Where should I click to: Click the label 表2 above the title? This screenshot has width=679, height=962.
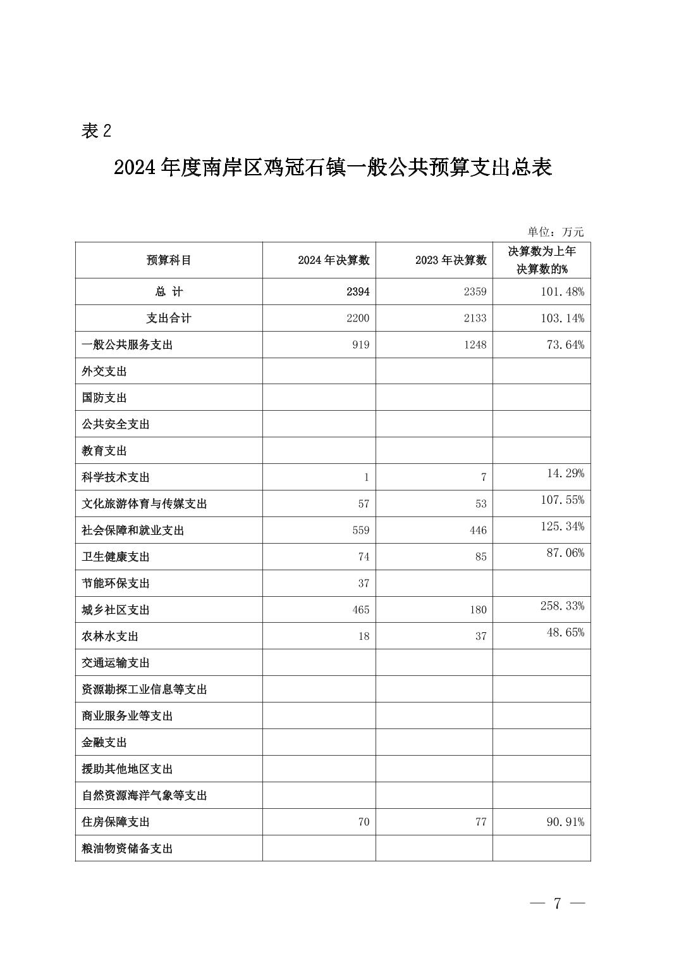(96, 131)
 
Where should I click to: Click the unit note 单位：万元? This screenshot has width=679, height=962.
(556, 232)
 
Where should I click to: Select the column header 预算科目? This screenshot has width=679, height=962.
(168, 260)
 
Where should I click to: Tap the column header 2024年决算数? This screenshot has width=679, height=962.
(333, 260)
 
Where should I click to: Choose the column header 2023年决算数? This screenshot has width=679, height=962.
(451, 260)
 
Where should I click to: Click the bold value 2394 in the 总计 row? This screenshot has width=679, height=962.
(357, 292)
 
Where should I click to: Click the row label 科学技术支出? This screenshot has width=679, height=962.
(116, 477)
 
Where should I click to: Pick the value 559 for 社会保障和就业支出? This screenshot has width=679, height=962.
(360, 530)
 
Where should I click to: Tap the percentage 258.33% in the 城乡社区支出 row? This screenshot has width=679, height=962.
(562, 606)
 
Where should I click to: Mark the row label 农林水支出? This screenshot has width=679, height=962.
(110, 637)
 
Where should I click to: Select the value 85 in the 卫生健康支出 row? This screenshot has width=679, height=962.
(480, 557)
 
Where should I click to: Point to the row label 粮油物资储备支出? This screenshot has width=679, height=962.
(127, 849)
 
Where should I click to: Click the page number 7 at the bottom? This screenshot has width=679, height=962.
(557, 903)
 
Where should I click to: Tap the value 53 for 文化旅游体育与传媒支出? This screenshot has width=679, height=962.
(480, 504)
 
